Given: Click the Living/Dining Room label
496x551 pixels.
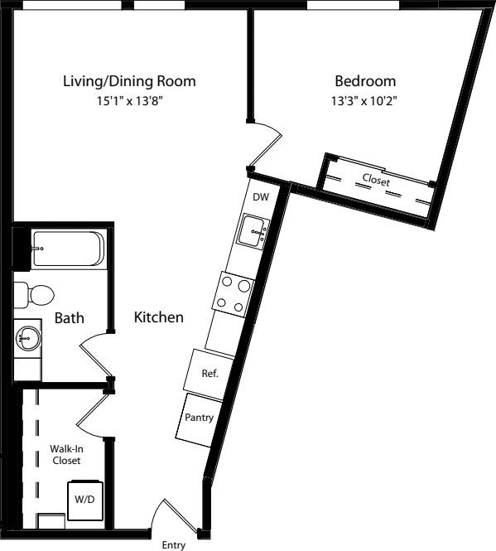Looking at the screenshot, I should tap(129, 81).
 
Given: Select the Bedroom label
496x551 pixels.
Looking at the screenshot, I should tap(364, 81).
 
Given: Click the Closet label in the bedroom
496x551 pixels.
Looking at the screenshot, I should tap(376, 179).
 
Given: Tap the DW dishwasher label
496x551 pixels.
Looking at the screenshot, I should tap(261, 197).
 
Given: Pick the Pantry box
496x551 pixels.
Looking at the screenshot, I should tap(198, 418).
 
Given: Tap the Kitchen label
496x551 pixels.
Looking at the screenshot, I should tap(159, 317).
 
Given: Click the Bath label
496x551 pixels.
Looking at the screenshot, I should tap(68, 317).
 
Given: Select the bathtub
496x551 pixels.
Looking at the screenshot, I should tap(68, 249).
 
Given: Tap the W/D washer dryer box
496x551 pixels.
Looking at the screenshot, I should tap(84, 500).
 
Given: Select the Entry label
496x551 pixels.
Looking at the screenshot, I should tap(173, 544).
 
